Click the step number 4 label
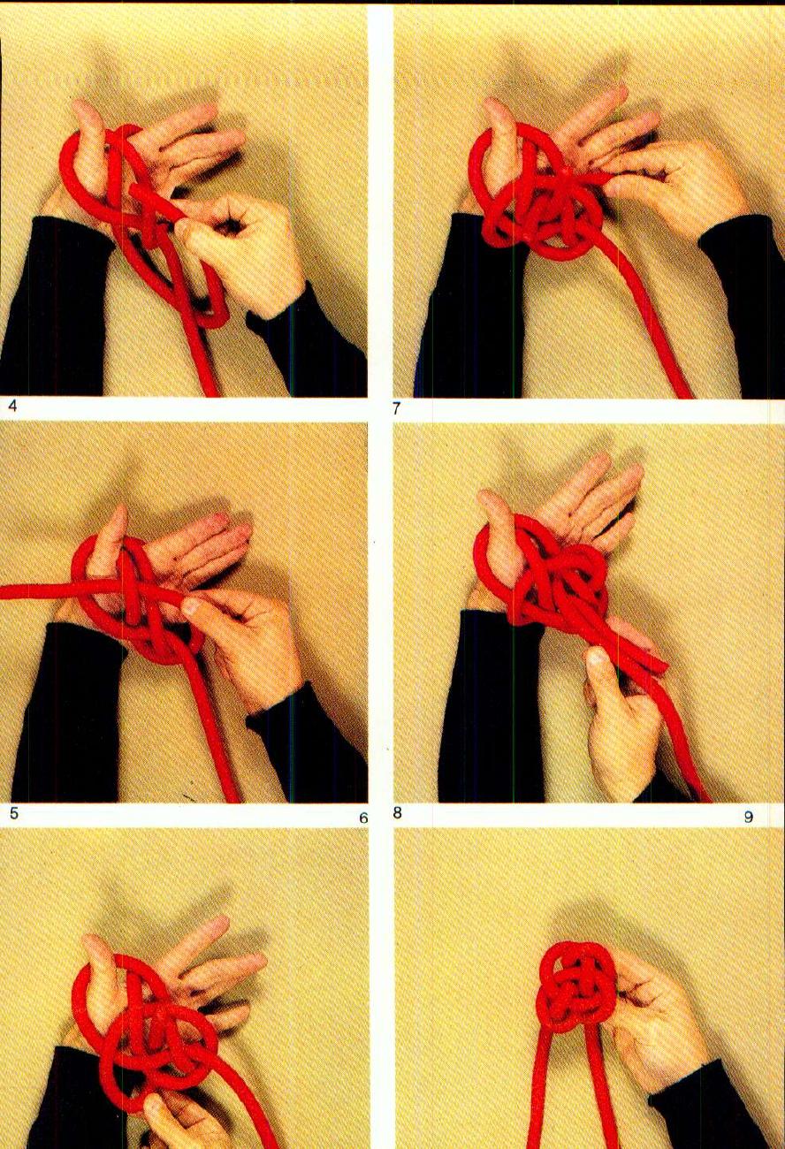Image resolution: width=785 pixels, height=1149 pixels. point(12,407)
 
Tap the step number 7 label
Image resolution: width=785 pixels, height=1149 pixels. point(398,408)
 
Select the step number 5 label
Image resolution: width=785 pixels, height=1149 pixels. point(13,812)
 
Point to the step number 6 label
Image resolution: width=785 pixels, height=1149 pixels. point(362,818)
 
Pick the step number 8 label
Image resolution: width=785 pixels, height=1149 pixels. point(398,812)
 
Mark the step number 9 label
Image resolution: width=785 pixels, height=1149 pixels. point(748,817)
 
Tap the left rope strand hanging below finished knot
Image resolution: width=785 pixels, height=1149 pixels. point(537,1096)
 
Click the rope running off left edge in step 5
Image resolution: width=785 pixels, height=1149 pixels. point(27,591)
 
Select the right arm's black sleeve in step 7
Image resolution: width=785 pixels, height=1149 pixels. point(743,292)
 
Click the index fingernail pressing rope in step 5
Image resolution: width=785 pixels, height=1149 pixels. point(189,607)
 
